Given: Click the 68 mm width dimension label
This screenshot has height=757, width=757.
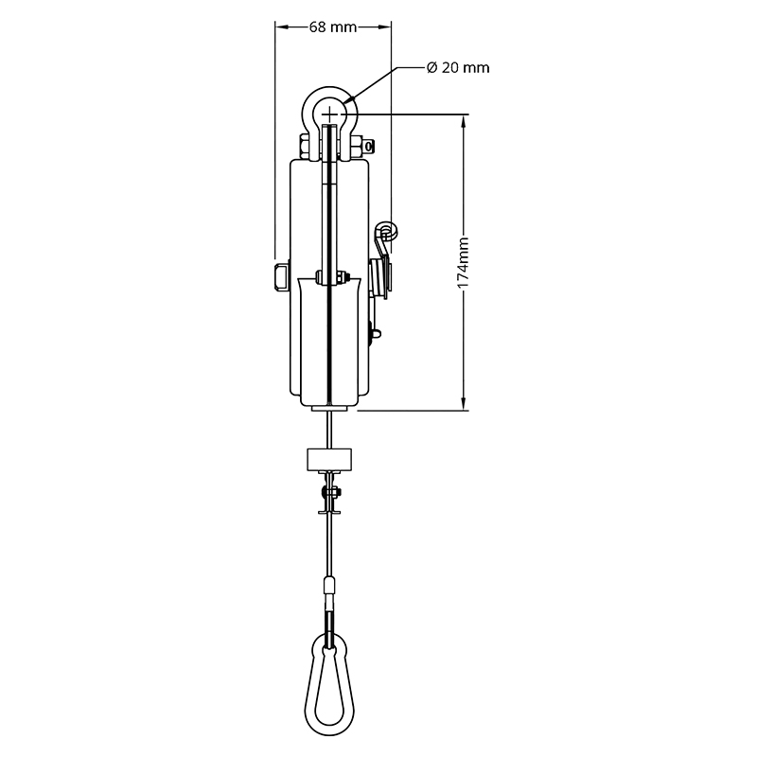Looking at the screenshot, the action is [333, 27].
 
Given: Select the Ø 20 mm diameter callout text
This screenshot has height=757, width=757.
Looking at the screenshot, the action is [458, 67].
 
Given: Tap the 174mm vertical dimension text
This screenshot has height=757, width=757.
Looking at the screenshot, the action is [463, 263].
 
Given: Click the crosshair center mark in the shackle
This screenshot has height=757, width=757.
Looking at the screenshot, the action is [329, 114].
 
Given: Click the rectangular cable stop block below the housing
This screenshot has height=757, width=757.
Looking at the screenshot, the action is [329, 460].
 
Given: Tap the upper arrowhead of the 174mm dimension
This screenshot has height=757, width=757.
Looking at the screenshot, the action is [464, 123].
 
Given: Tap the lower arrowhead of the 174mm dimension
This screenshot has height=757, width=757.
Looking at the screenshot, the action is [464, 402].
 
